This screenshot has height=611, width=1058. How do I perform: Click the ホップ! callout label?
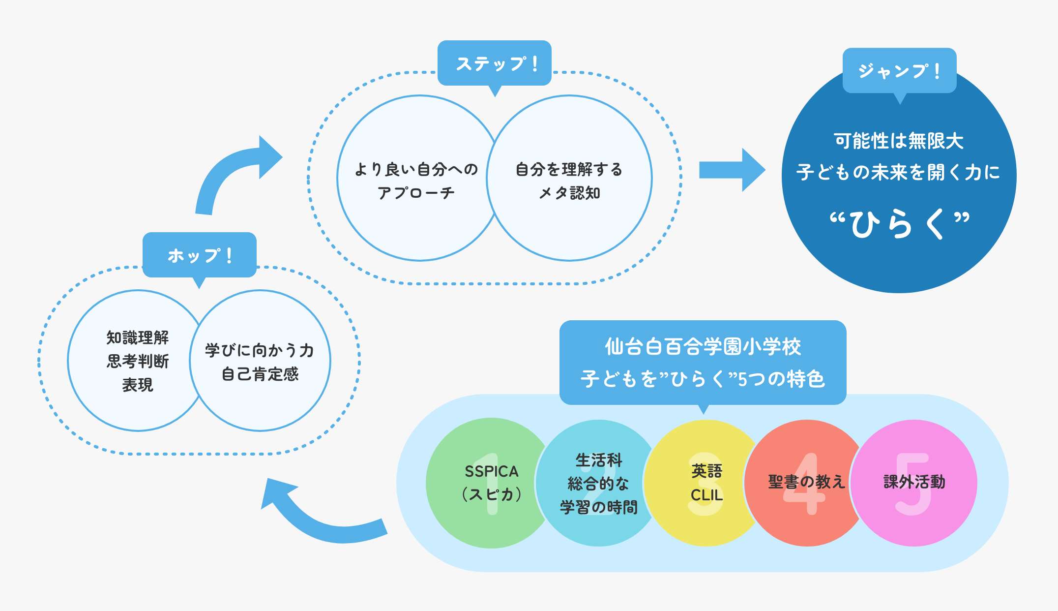[199, 255]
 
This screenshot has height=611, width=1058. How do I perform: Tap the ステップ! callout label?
[495, 63]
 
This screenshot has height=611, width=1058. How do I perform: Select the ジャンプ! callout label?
[899, 71]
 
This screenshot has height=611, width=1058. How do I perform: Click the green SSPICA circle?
[491, 483]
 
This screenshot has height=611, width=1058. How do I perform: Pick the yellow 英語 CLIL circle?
[706, 483]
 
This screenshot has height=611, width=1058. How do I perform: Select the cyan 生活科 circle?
[598, 483]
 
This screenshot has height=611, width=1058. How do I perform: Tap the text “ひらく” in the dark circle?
[899, 224]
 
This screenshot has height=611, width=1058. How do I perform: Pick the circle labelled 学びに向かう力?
[260, 361]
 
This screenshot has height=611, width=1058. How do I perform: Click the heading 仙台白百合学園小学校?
[703, 347]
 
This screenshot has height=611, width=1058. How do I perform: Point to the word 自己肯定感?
[260, 374]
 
